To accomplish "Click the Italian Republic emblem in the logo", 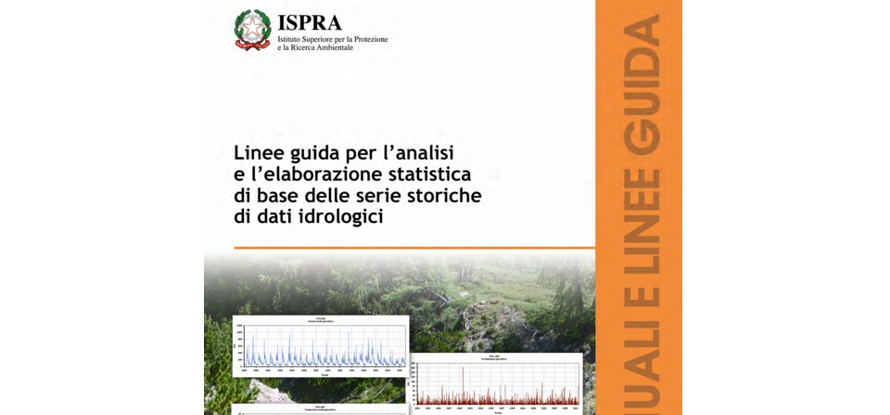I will point(252,30).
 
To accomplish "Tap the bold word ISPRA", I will point(310,22).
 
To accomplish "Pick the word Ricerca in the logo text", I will point(298,47).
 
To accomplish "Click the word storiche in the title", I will point(444,196).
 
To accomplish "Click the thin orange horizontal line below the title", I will point(413,248).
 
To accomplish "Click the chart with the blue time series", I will point(320,345).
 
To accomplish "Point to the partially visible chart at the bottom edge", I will point(320,409).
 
